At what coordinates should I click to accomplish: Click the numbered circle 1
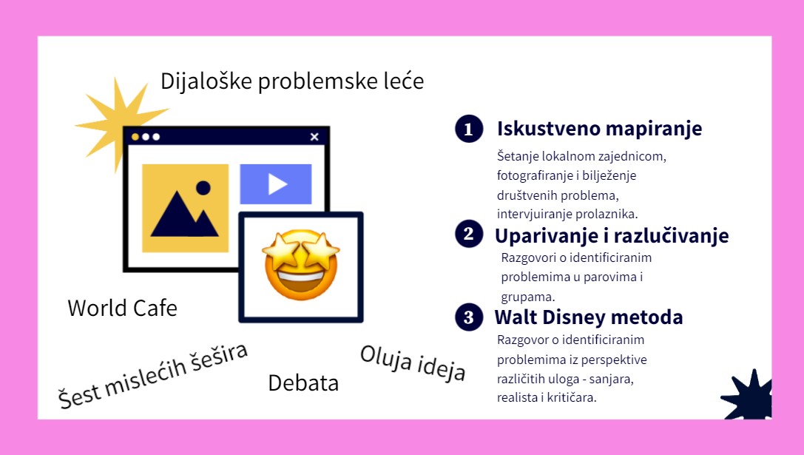tap(469, 128)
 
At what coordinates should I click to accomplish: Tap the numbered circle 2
tap(469, 234)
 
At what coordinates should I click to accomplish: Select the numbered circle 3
tap(469, 317)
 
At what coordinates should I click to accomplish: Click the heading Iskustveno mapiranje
tap(599, 129)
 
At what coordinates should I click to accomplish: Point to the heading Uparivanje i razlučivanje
tap(612, 235)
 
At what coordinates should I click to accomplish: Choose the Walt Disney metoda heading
tap(589, 317)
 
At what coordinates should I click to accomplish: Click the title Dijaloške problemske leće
tap(292, 81)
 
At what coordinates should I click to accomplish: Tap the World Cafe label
tap(123, 309)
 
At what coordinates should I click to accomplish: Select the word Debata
tap(303, 383)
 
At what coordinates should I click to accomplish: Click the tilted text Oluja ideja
tap(413, 363)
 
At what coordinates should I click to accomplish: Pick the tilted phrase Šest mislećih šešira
tap(153, 376)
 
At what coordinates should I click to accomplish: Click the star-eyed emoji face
tap(300, 265)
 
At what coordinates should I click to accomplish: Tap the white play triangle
tap(277, 184)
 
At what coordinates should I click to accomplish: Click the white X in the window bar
tap(314, 136)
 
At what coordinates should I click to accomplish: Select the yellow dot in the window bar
tap(135, 137)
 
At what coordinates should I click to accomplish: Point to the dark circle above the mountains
tap(203, 188)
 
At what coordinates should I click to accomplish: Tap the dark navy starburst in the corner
tap(748, 395)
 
